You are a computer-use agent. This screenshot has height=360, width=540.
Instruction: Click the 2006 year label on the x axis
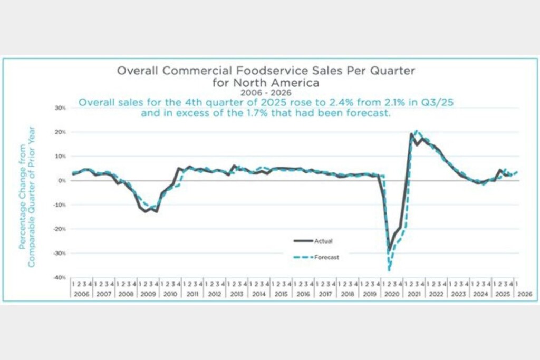click(x=81, y=294)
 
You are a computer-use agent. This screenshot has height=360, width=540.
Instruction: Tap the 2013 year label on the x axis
click(x=237, y=294)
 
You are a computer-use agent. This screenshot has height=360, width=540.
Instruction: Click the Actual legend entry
click(x=324, y=241)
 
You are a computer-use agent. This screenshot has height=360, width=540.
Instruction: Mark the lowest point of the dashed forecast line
click(x=389, y=270)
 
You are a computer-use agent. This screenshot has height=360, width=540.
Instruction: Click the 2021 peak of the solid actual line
click(x=411, y=134)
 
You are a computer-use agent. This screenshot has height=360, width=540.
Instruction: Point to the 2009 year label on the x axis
click(x=148, y=294)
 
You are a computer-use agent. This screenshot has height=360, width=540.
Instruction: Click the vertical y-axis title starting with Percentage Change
click(x=27, y=196)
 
